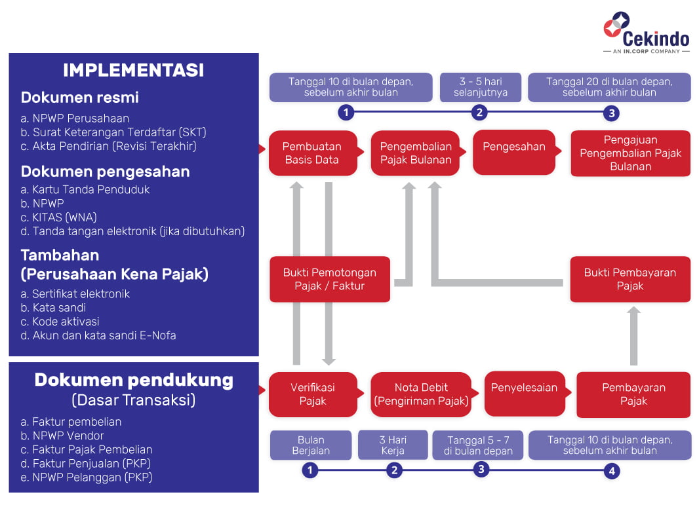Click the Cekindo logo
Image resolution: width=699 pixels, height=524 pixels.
(x=647, y=32)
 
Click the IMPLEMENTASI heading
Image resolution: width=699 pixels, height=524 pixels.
(x=133, y=70)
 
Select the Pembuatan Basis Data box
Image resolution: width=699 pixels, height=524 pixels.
(x=313, y=153)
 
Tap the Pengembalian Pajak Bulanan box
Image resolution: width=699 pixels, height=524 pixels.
(x=416, y=153)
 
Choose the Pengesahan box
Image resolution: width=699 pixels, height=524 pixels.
(x=514, y=152)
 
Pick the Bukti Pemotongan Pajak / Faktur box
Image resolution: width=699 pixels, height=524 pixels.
(x=330, y=279)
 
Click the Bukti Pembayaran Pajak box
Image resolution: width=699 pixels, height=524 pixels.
(x=630, y=279)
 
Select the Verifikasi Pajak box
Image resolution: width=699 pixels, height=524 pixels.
(x=313, y=394)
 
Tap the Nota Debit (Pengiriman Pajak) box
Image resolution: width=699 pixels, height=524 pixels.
(x=421, y=394)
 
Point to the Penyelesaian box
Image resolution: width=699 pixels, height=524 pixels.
(x=525, y=394)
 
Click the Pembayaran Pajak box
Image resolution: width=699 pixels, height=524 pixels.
(x=633, y=394)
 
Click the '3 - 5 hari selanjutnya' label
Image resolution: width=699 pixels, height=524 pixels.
(x=481, y=87)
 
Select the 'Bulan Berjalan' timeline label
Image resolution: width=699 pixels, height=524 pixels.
(x=311, y=445)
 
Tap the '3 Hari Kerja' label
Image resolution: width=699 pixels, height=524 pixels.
(x=393, y=445)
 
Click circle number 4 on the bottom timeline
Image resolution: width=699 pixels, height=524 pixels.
(x=612, y=471)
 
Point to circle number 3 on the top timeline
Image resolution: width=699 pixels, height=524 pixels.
(x=612, y=113)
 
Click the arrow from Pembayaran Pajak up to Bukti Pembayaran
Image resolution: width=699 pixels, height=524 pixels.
(x=633, y=335)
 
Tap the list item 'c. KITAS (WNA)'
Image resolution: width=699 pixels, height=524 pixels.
(x=58, y=217)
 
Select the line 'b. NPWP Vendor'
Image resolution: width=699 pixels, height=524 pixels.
(x=62, y=436)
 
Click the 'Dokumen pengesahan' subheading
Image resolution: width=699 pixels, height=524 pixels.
(x=105, y=172)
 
